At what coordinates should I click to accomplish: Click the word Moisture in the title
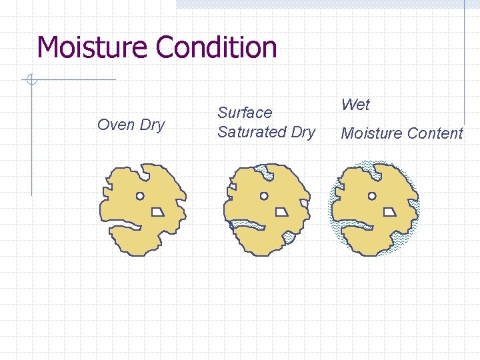click(93, 47)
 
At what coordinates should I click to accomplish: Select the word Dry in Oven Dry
click(151, 125)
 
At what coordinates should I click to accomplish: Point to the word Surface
click(245, 113)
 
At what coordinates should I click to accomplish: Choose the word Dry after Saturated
click(303, 132)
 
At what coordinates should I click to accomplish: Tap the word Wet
click(355, 105)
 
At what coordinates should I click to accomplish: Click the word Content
click(435, 133)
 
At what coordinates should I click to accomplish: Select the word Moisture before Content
click(371, 133)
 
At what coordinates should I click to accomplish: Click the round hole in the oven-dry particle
click(140, 196)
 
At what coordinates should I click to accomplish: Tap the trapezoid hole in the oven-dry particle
click(158, 211)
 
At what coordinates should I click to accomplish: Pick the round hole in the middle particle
click(264, 196)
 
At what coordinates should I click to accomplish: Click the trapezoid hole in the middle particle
click(282, 211)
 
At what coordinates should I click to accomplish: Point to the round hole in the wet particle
click(372, 196)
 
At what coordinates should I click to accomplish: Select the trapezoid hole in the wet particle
click(390, 211)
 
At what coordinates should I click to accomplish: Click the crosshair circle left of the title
click(31, 81)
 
